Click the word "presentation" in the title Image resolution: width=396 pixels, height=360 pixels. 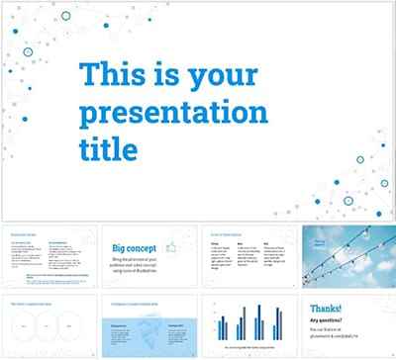173,112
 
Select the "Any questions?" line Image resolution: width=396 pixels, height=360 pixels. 330,318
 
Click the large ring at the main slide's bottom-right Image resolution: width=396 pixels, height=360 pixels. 348,202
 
